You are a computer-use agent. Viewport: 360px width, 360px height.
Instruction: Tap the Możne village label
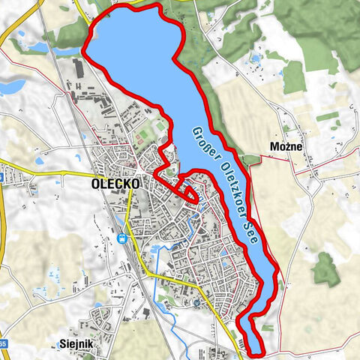pos(286,146)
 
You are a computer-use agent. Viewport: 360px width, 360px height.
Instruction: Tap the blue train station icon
pos(121,239)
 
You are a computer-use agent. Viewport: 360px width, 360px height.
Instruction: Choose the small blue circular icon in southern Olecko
pos(196,302)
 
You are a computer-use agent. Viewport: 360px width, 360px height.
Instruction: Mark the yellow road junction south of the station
pos(150,275)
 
